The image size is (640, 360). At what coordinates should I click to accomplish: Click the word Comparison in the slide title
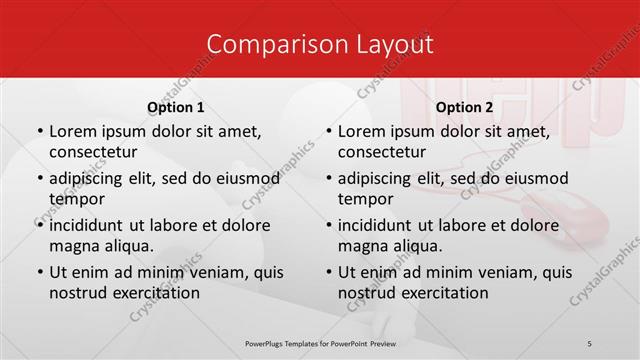[x=267, y=44]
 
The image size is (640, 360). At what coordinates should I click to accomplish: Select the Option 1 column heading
[x=176, y=107]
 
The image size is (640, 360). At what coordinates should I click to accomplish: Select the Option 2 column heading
[x=465, y=107]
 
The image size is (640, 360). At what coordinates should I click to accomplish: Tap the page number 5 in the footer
[x=589, y=343]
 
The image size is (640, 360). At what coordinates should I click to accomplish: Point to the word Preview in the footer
[x=392, y=343]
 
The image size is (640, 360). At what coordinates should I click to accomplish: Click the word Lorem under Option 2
[x=361, y=131]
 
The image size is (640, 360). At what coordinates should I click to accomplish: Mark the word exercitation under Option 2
[x=444, y=293]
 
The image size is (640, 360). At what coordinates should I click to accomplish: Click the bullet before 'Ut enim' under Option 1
[x=39, y=272]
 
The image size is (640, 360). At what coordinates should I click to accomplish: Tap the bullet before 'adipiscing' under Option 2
[x=328, y=178]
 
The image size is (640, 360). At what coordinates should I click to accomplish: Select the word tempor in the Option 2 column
[x=364, y=198]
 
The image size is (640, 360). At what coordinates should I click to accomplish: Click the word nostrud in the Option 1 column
[x=77, y=293]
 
